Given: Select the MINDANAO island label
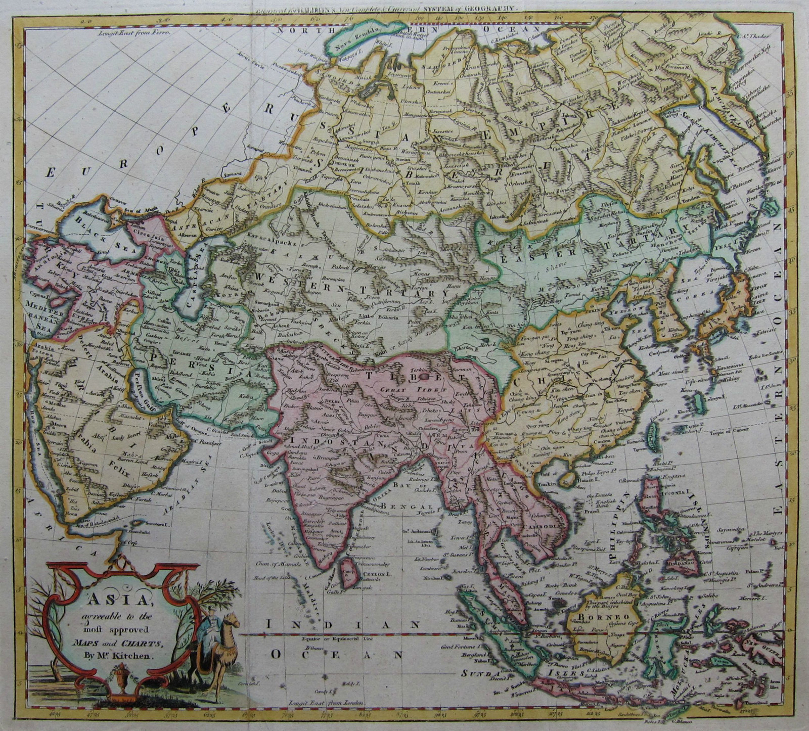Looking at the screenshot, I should [x=683, y=561].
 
